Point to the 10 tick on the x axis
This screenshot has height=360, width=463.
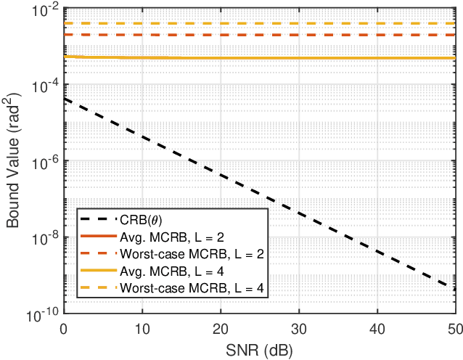tap(142, 328)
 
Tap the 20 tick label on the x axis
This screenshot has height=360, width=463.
tap(220, 328)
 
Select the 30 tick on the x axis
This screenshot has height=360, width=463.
tap(298, 328)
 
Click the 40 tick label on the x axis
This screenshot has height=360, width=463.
tap(376, 328)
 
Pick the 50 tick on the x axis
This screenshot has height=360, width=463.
tap(453, 328)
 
